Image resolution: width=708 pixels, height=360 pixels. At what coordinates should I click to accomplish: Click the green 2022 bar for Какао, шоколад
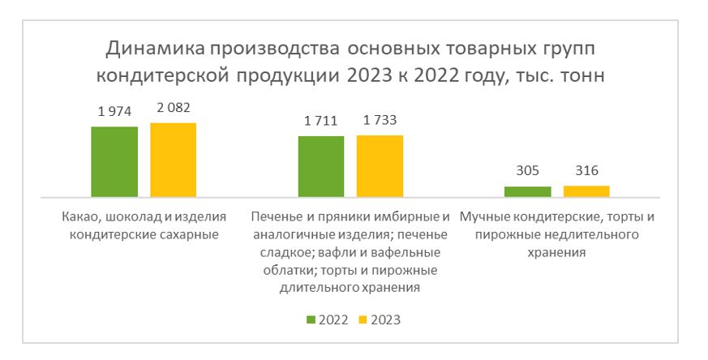tap(114, 162)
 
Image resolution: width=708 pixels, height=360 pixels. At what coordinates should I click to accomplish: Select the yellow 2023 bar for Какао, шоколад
tap(173, 160)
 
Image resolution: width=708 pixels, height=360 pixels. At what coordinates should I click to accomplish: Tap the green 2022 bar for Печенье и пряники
tap(321, 166)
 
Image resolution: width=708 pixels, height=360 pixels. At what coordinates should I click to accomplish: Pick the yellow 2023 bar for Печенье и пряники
tap(380, 165)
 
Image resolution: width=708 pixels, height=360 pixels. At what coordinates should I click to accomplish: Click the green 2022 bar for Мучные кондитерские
tap(528, 191)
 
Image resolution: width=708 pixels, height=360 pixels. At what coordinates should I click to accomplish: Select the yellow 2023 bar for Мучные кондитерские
tap(586, 191)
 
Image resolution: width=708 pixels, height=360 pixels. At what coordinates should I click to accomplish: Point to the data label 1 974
tap(114, 112)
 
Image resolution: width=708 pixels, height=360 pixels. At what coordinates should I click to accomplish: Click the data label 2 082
tap(173, 108)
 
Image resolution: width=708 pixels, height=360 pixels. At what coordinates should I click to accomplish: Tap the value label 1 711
tap(321, 122)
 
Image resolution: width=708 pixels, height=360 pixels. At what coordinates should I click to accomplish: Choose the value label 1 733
tap(380, 121)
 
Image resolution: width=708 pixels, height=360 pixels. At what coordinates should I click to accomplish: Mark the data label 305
tap(528, 171)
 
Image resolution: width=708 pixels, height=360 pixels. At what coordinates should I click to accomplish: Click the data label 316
tap(586, 171)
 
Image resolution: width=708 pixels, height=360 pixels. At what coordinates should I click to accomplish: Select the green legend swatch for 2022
tap(311, 319)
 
